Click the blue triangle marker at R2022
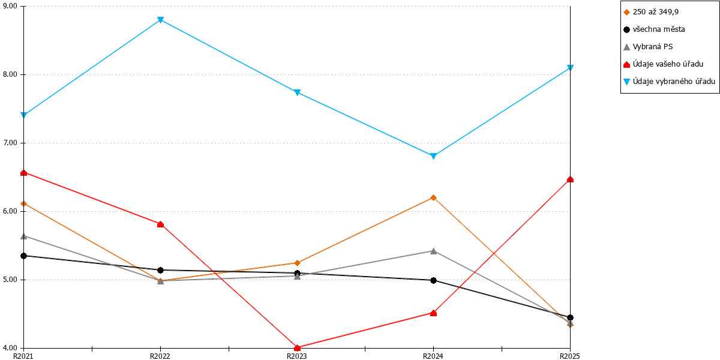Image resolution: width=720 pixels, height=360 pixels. (x=161, y=20)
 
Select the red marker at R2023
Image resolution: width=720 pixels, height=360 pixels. (x=298, y=347)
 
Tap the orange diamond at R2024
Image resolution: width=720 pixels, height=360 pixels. (x=433, y=197)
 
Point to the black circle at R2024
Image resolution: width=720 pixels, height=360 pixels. (x=433, y=281)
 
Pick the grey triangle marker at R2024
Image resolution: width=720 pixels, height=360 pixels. (x=433, y=251)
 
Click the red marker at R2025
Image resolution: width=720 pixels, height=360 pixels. (x=570, y=179)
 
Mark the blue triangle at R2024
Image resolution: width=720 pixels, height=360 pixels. (x=433, y=156)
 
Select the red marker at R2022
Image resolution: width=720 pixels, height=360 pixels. (x=161, y=224)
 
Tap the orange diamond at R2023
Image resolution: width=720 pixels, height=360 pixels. (x=298, y=263)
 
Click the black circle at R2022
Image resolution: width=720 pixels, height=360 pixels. (x=161, y=271)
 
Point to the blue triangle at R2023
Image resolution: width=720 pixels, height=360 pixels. (x=298, y=92)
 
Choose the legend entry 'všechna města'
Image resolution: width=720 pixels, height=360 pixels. (x=654, y=29)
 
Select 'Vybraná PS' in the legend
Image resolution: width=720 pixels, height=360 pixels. (x=648, y=47)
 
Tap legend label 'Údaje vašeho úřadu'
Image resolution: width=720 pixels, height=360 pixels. (x=664, y=64)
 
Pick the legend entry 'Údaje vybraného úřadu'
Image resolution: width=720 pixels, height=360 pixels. (x=669, y=82)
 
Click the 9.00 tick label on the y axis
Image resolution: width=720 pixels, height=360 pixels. (x=10, y=6)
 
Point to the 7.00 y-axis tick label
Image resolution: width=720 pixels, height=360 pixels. (x=10, y=143)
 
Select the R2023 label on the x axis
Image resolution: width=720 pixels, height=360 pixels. (x=296, y=356)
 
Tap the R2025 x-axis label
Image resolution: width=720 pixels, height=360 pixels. (x=570, y=356)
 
